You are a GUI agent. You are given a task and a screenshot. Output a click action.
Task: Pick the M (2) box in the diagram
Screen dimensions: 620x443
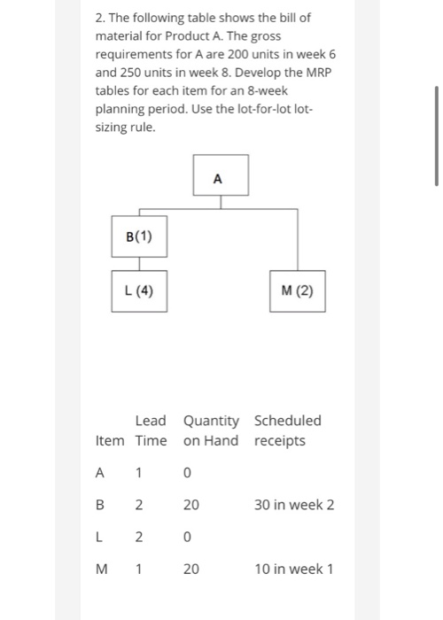pyautogui.click(x=298, y=291)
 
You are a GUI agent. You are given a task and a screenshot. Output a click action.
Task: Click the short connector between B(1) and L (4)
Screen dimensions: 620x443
pyautogui.click(x=139, y=263)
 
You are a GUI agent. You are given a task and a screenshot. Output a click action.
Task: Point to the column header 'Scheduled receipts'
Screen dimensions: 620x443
pyautogui.click(x=287, y=430)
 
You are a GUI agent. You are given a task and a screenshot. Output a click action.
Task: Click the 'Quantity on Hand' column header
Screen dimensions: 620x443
pyautogui.click(x=211, y=430)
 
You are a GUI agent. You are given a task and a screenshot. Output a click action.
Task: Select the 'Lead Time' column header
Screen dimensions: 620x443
pyautogui.click(x=151, y=430)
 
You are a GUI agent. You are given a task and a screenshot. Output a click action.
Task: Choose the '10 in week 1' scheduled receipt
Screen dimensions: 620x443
pyautogui.click(x=294, y=569)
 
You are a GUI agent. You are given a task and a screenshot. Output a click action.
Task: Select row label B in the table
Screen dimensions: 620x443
pyautogui.click(x=100, y=505)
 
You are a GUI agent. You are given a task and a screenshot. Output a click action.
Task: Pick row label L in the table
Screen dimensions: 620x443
pyautogui.click(x=100, y=537)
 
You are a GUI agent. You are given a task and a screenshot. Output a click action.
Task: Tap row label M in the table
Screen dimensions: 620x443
pyautogui.click(x=100, y=569)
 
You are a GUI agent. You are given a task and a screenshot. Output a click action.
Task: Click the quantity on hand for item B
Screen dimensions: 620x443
pyautogui.click(x=191, y=505)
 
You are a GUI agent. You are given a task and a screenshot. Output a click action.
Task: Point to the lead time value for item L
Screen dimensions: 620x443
pyautogui.click(x=139, y=537)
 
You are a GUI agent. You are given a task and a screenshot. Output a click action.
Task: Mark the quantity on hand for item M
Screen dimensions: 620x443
pyautogui.click(x=191, y=569)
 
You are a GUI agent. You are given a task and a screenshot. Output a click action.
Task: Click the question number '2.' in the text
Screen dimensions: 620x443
pyautogui.click(x=100, y=18)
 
